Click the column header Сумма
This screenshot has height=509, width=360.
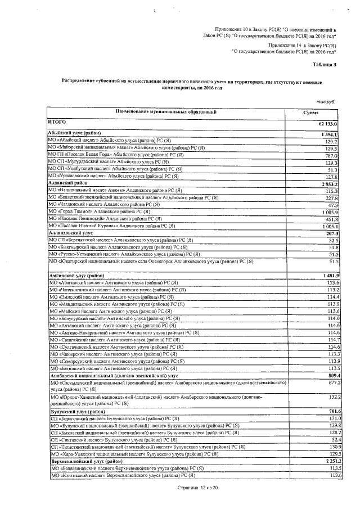pos(318,112)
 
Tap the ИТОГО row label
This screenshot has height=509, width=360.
pos(58,122)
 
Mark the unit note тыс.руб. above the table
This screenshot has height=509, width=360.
pos(326,102)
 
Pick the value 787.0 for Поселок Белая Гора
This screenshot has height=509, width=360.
pos(331,156)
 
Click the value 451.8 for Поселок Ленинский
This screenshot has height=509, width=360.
pos(331,219)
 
